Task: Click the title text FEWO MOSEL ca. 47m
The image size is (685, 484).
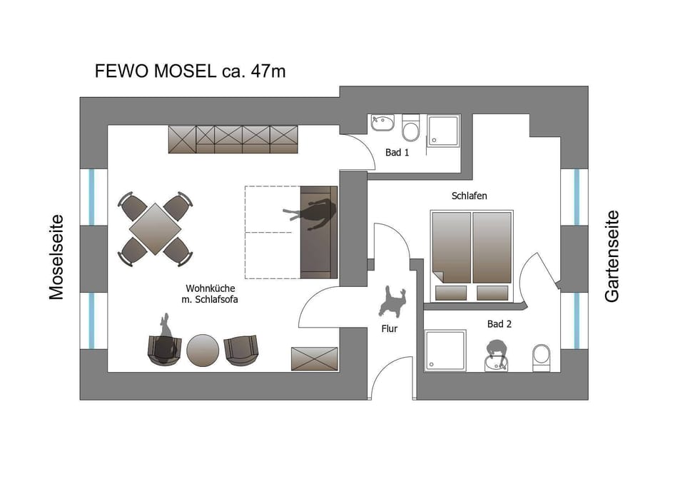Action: coord(191,71)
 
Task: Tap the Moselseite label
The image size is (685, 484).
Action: coord(56,257)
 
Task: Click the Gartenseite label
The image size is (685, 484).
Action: coord(612,256)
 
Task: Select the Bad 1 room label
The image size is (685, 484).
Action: coord(397,153)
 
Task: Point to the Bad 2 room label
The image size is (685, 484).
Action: coord(499,324)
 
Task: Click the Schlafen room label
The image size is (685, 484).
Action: coord(469,196)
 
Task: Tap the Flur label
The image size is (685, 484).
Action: coord(389,329)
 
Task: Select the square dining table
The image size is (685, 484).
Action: coord(156,228)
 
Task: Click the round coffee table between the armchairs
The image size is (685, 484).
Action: coord(203,350)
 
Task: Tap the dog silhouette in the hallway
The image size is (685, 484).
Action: coord(392,301)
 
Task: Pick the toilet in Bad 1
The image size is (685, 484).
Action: coord(410,129)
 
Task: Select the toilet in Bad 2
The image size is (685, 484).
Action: coord(542,357)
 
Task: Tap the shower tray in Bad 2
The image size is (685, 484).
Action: coord(445,351)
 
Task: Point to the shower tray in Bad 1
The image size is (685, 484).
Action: coord(443,130)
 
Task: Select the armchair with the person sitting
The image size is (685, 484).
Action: coord(164,349)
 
